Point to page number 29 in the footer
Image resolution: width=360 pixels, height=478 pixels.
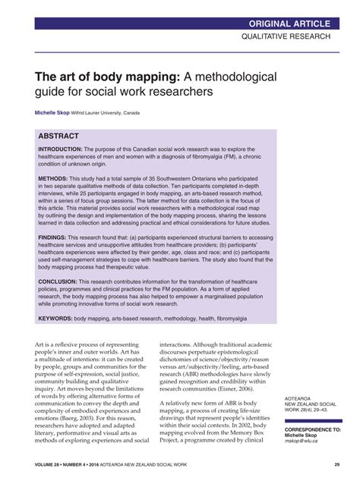(336, 464)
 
